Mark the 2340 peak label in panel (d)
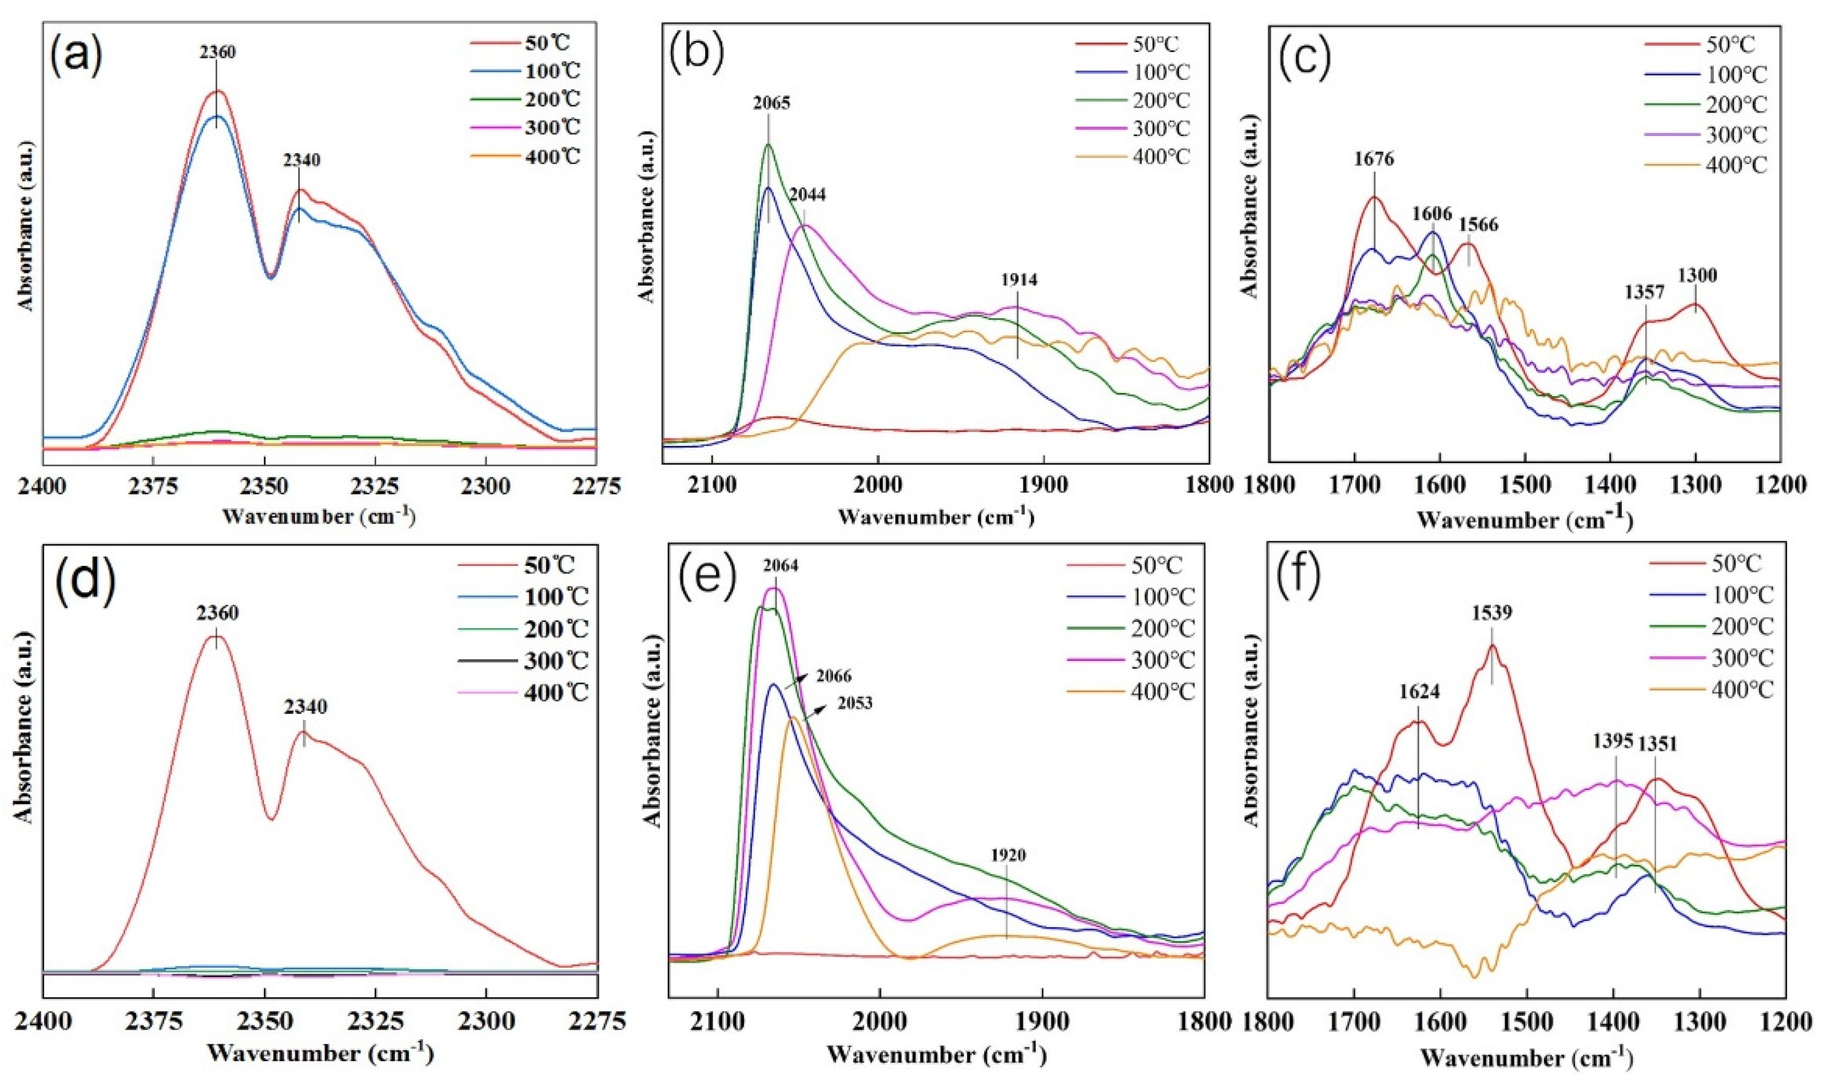click(305, 707)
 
